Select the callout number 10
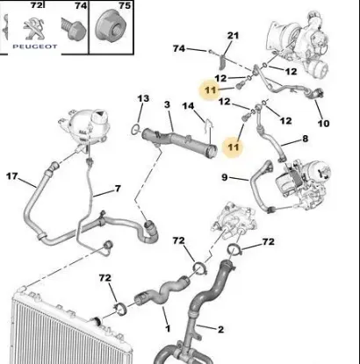point(323,123)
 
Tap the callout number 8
point(305,139)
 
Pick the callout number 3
point(167,106)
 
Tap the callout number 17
point(12,176)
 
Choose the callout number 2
point(220,330)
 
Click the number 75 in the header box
point(124,5)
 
